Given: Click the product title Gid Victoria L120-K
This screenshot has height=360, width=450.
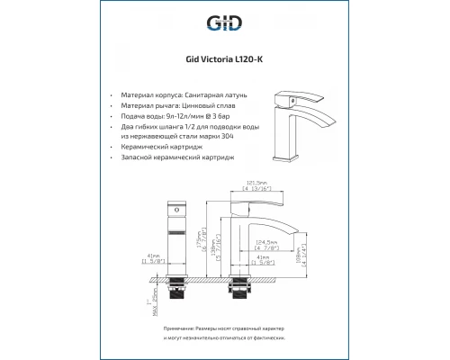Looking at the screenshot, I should point(225,62).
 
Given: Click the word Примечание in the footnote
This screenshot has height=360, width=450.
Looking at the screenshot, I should point(159,331).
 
